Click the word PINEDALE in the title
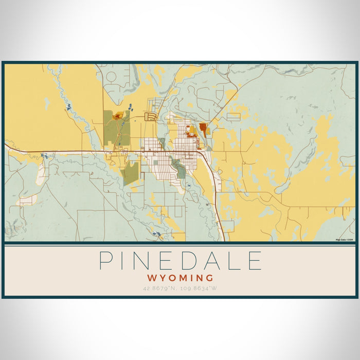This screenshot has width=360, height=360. tap(180, 261)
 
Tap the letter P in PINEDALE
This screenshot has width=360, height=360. tap(106, 261)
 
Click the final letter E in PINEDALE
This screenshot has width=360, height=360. tap(255, 261)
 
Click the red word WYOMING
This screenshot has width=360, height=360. tap(180, 278)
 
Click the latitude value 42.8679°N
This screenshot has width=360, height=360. tap(160, 288)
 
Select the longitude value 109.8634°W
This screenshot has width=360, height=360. tap(200, 288)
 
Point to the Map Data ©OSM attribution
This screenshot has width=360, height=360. tap(344, 240)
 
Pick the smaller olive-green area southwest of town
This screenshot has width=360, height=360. tap(131, 173)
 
